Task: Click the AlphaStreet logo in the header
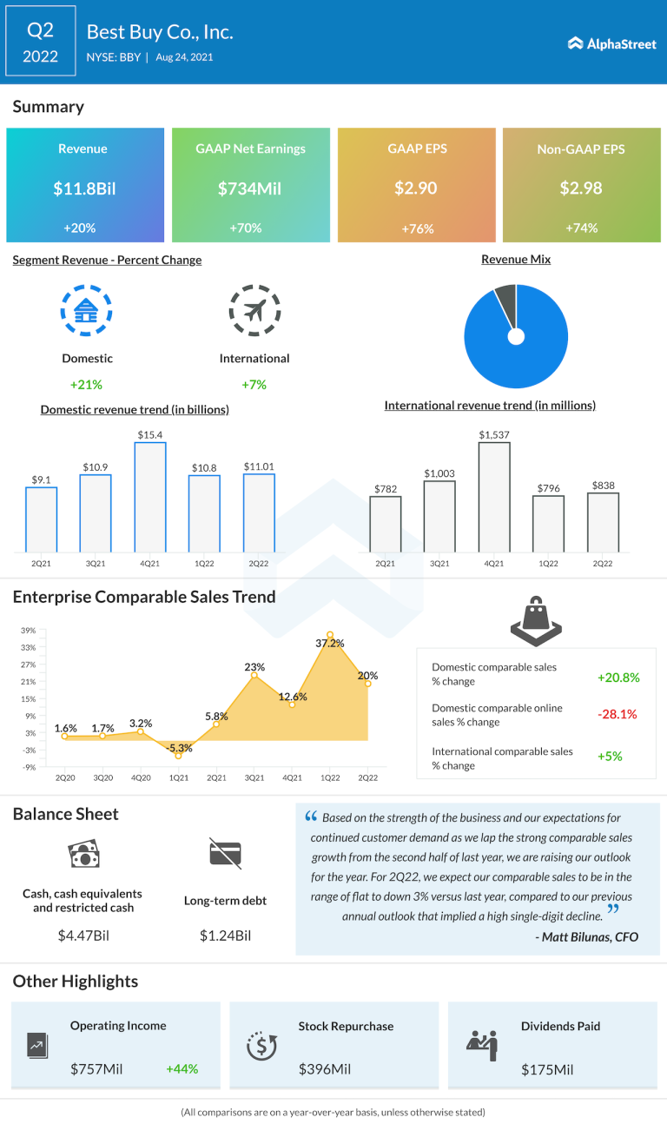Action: [611, 43]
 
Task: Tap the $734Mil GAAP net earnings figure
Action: [251, 188]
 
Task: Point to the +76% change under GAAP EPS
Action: [417, 228]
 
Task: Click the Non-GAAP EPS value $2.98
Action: [582, 188]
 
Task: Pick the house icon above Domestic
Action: [86, 309]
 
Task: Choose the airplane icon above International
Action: [254, 309]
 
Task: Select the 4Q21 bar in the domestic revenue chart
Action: [149, 496]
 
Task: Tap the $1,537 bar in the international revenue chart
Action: [494, 496]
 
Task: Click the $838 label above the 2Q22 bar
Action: [604, 485]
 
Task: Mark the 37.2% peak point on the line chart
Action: [330, 635]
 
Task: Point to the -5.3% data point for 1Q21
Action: [178, 756]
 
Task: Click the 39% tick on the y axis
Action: [29, 631]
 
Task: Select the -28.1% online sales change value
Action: [617, 714]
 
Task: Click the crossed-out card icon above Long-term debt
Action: [225, 853]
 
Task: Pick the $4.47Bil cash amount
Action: [83, 936]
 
